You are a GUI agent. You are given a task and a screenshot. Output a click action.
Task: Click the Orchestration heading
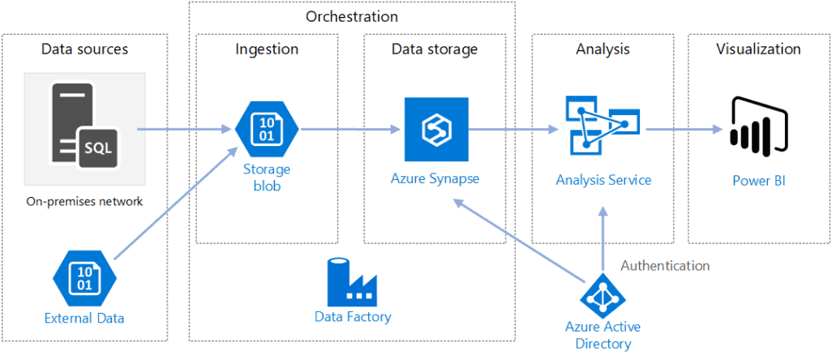pyautogui.click(x=352, y=16)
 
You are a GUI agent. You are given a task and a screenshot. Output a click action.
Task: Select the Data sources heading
pyautogui.click(x=84, y=49)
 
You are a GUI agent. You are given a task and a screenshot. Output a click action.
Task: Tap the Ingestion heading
pyautogui.click(x=267, y=49)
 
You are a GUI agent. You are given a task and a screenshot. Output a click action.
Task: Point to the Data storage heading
pyautogui.click(x=435, y=49)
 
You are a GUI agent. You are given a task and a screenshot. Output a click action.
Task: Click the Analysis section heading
pyautogui.click(x=602, y=49)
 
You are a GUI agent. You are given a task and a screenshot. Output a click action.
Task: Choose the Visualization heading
pyautogui.click(x=758, y=49)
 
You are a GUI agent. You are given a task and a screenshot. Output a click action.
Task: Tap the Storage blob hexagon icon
pyautogui.click(x=267, y=128)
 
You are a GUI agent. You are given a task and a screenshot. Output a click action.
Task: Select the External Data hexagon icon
pyautogui.click(x=84, y=277)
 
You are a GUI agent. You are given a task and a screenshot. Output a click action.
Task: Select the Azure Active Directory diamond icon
pyautogui.click(x=603, y=296)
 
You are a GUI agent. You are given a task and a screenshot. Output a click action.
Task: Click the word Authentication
pyautogui.click(x=665, y=265)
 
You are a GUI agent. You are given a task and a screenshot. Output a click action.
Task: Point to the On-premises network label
pyautogui.click(x=84, y=201)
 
